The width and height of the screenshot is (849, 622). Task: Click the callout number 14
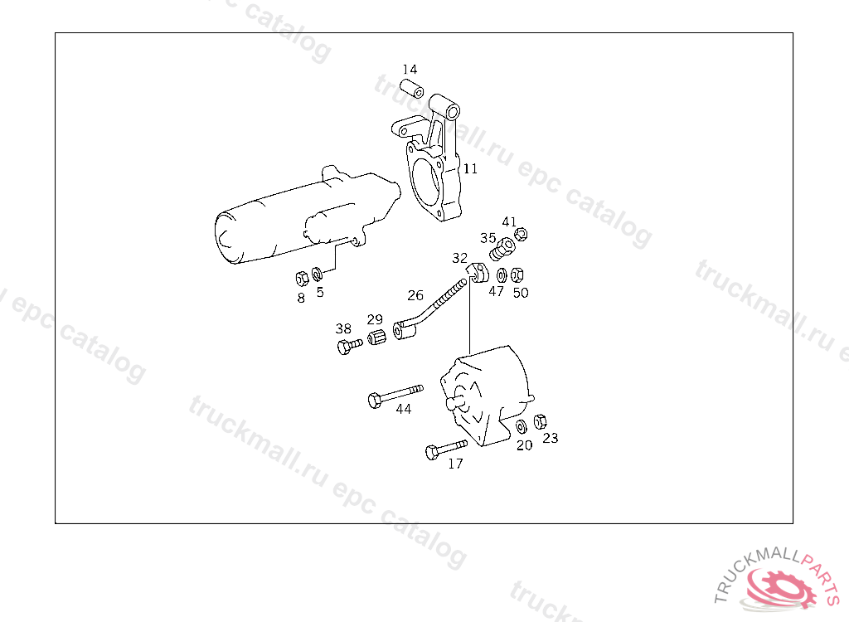[x=410, y=70]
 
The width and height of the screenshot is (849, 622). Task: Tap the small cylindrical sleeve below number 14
[x=411, y=88]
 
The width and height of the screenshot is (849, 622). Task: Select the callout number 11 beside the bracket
[x=471, y=168]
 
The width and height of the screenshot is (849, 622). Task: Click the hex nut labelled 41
[x=521, y=234]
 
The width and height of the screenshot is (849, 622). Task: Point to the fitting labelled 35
[x=502, y=249]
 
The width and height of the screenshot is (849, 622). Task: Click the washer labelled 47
[x=502, y=275]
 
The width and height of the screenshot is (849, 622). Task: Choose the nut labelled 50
[x=517, y=275]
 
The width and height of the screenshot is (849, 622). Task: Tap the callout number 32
[x=459, y=258]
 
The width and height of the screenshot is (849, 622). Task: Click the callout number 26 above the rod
[x=415, y=295]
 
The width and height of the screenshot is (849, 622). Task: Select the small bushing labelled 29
[x=377, y=337]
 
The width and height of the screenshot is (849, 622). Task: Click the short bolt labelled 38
[x=350, y=346]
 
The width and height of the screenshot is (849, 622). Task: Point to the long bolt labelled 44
[x=395, y=396]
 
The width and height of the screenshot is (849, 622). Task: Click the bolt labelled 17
[x=446, y=449]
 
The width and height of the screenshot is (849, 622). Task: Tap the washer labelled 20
[x=521, y=426]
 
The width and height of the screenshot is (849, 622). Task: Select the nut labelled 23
[x=540, y=421]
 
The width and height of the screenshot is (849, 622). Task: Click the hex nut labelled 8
[x=302, y=279]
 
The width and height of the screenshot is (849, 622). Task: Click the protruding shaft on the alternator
[x=455, y=401]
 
